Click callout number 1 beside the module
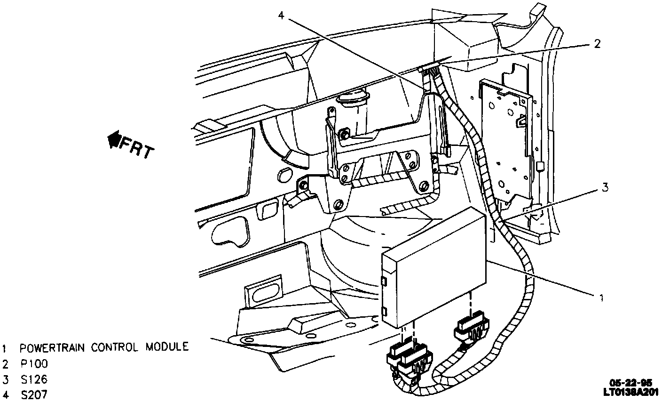pos(600,297)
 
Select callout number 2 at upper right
pos(597,44)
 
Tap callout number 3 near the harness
pos(605,188)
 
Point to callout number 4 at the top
pos(281,16)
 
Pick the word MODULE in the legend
pos(166,348)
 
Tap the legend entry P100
pos(34,364)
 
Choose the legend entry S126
pos(34,379)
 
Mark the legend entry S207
pos(34,395)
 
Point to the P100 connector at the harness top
pos(431,71)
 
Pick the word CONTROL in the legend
pos(114,348)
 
